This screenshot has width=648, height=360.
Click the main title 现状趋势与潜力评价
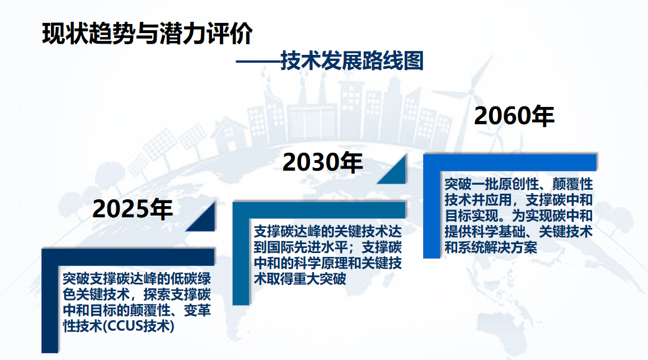pyautogui.click(x=148, y=34)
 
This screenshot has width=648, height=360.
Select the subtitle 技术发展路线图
pyautogui.click(x=352, y=61)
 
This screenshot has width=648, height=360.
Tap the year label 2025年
pyautogui.click(x=133, y=209)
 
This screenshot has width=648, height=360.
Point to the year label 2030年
pyautogui.click(x=322, y=162)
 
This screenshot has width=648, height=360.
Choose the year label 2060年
pyautogui.click(x=514, y=115)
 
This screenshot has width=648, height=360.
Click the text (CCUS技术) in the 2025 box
pyautogui.click(x=138, y=326)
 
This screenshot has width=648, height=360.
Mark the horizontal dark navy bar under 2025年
pyautogui.click(x=128, y=257)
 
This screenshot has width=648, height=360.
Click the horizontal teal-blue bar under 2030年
pyautogui.click(x=319, y=210)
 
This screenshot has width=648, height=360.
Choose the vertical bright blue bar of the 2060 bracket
pyautogui.click(x=431, y=207)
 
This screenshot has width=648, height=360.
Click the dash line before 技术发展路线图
pyautogui.click(x=258, y=62)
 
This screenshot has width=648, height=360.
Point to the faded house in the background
pyautogui.click(x=229, y=134)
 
